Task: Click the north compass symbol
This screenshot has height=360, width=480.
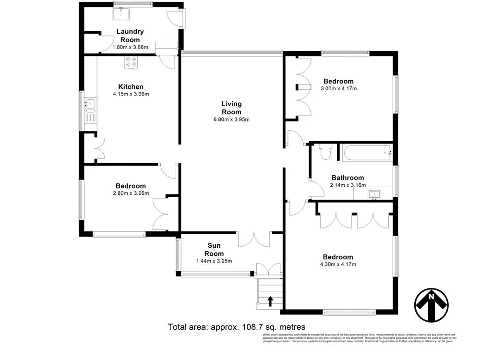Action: [x=431, y=306]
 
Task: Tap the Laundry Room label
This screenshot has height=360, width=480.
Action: [x=130, y=36]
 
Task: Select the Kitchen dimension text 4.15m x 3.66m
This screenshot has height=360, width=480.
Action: [x=131, y=94]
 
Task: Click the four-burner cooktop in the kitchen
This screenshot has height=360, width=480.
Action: [x=131, y=62]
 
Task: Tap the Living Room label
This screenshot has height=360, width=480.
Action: [x=231, y=108]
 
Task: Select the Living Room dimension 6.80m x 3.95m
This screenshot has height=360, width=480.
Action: [x=231, y=120]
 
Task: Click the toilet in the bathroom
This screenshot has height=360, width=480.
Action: [x=324, y=152]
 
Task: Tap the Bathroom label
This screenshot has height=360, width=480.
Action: [x=347, y=178]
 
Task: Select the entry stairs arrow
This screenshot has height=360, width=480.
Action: [x=270, y=301]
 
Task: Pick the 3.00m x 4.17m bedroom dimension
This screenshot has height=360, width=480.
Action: [x=338, y=88]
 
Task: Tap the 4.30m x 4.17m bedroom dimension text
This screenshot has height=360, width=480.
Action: [x=338, y=264]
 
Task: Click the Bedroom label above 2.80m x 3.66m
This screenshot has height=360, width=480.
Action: [x=131, y=186]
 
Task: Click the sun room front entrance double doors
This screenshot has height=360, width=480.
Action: [x=268, y=270]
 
